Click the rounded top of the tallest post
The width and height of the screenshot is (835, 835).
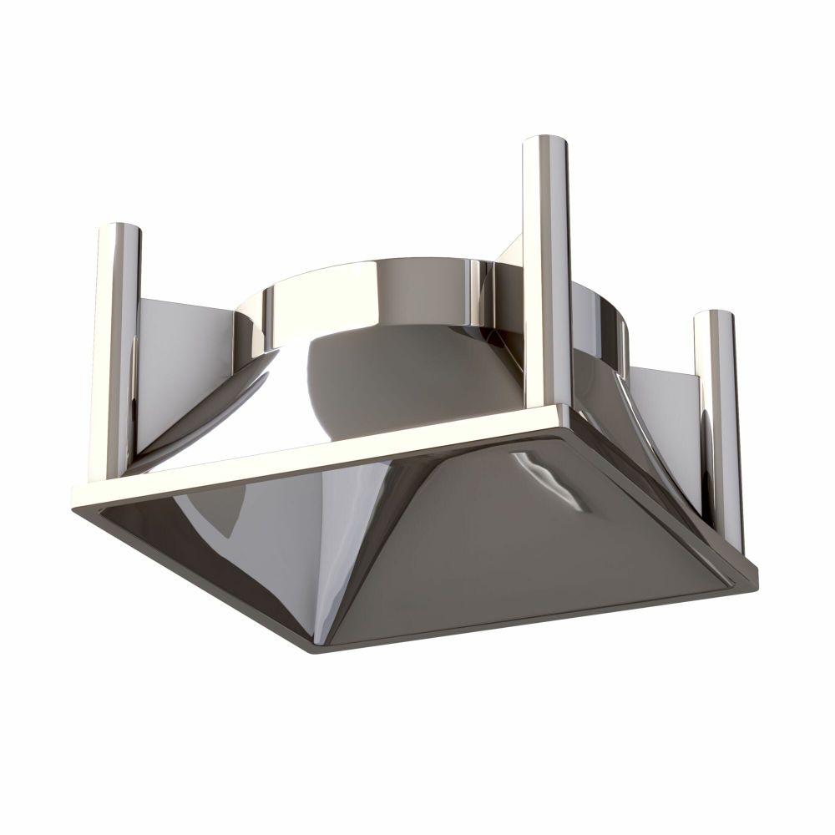546,144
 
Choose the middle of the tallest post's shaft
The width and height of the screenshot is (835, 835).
546,276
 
